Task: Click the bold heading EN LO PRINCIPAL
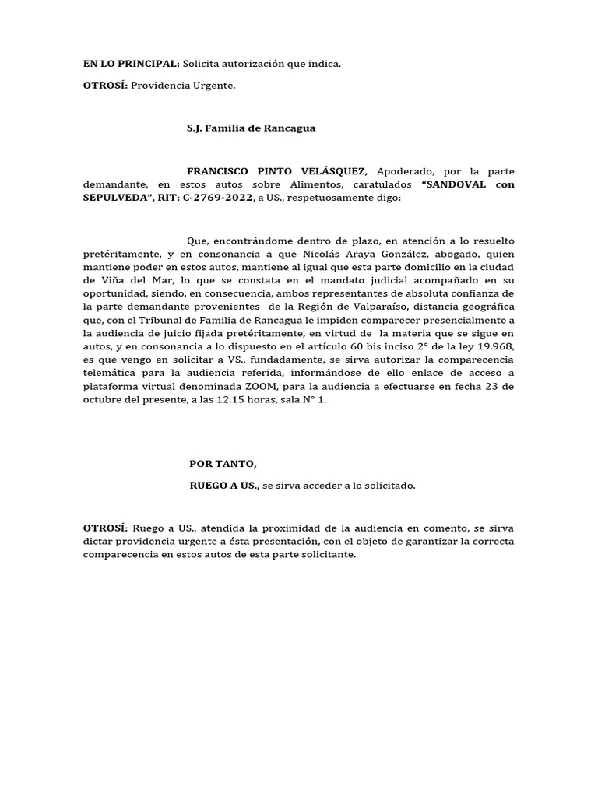[x=131, y=64]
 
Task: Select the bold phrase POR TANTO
[x=223, y=464]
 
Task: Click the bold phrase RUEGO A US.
[x=224, y=486]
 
